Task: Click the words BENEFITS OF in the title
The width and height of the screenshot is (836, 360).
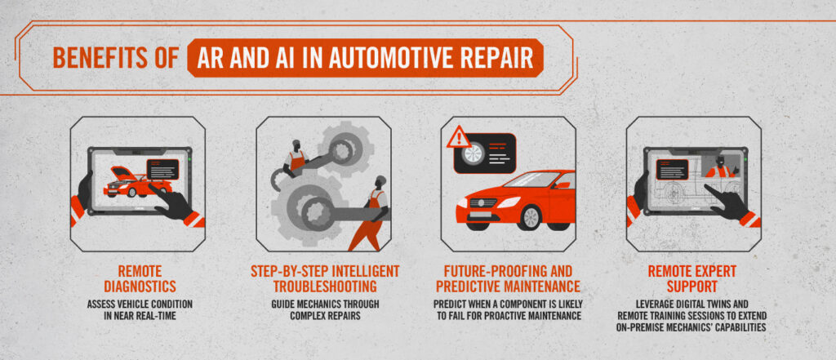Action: click(114, 58)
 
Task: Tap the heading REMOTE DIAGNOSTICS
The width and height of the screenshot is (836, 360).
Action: click(140, 278)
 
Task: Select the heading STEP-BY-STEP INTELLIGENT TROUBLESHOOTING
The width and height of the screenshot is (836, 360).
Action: click(325, 278)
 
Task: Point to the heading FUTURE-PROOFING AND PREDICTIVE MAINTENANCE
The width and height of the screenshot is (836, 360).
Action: click(508, 278)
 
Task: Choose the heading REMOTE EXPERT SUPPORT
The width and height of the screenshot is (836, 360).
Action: click(691, 278)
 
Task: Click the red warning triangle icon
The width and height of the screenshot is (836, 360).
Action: click(459, 137)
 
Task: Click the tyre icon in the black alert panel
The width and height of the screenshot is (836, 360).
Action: click(474, 154)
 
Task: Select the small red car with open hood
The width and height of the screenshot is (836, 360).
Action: click(137, 182)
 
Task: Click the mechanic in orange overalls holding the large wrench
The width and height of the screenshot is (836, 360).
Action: click(371, 212)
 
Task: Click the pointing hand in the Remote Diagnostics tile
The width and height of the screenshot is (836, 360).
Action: click(171, 201)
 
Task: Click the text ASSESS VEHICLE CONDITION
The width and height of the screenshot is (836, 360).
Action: click(140, 304)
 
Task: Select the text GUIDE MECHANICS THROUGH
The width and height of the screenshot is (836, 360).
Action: click(325, 304)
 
